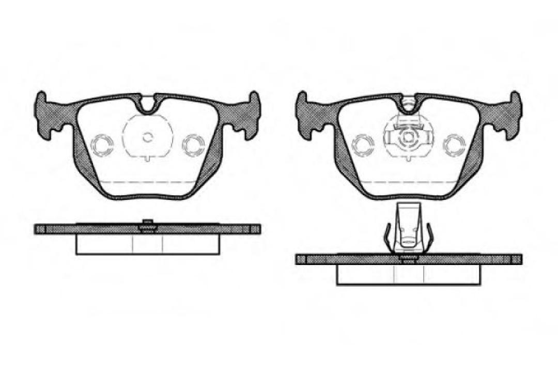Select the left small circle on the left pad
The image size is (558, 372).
tap(102, 144)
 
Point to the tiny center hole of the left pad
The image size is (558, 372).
tap(148, 137)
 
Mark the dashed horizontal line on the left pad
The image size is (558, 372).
tap(148, 182)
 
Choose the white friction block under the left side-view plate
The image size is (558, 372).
tap(148, 244)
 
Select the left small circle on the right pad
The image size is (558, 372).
tap(362, 144)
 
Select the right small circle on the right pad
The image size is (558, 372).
tap(455, 144)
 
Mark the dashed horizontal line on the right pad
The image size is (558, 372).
tap(408, 182)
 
